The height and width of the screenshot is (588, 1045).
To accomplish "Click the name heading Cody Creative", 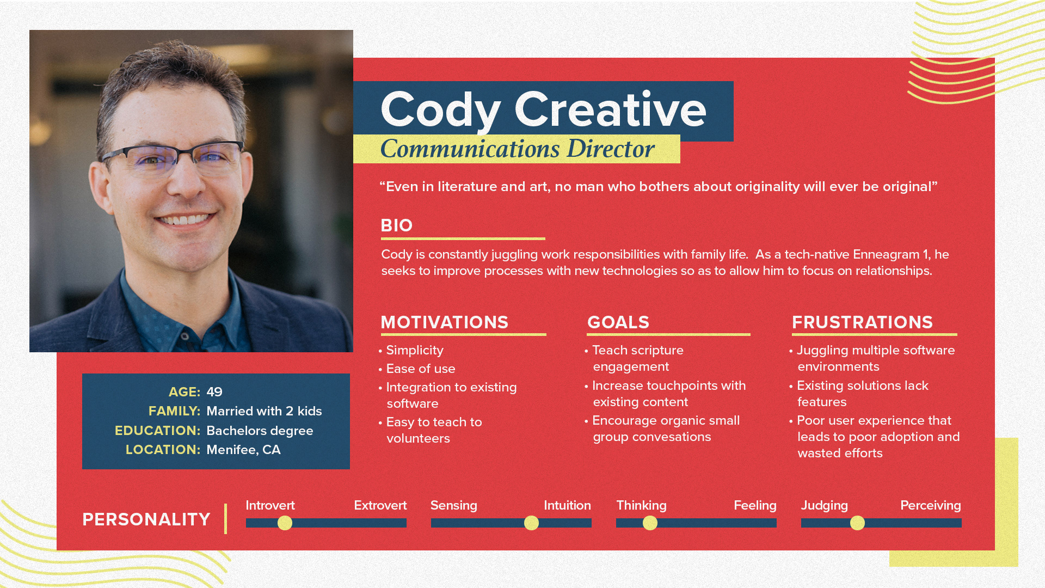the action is (543, 111).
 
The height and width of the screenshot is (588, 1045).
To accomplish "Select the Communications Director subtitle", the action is (517, 149).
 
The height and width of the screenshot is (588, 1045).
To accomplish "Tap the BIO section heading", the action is (397, 225).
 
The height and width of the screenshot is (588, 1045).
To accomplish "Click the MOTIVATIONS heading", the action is (444, 322).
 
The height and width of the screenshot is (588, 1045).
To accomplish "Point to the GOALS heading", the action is (618, 322).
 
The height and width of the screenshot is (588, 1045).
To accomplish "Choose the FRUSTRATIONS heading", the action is (862, 322).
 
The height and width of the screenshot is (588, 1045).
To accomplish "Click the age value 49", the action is (214, 392).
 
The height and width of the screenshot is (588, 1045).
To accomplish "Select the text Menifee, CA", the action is (243, 450).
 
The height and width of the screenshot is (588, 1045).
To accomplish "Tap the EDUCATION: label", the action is (157, 431).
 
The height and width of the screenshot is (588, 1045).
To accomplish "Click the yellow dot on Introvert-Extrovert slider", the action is (285, 523).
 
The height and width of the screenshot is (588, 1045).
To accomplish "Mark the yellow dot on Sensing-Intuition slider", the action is (531, 523).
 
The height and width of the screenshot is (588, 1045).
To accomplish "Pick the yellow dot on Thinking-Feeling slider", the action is (650, 523).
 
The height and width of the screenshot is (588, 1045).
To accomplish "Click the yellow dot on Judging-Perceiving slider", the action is (857, 523).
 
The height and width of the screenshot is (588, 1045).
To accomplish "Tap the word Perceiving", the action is (931, 506).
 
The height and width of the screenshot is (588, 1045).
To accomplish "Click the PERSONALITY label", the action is (146, 519).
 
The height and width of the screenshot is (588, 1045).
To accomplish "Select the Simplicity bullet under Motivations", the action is (415, 351).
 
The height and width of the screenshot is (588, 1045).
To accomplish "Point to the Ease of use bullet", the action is (421, 369).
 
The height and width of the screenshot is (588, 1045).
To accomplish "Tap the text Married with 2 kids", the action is (264, 411).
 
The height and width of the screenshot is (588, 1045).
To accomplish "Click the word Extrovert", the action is (380, 505).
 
